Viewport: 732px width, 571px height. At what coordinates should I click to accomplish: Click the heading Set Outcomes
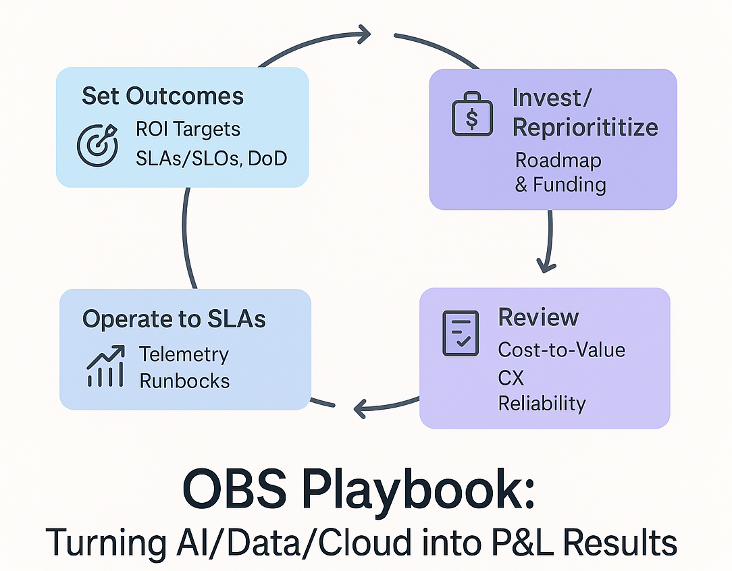pos(162,96)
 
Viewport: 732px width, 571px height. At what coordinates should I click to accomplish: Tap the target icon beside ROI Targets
pos(97,145)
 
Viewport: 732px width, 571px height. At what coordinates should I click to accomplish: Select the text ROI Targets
pos(188,129)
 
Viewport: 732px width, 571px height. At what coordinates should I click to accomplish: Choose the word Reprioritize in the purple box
pos(585,128)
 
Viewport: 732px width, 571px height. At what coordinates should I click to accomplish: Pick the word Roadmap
pos(558,161)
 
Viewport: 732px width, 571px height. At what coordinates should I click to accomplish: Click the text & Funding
pos(560,184)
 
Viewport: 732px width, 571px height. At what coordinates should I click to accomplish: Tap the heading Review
pos(538,317)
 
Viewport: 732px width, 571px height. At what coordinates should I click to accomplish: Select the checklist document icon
pos(460,333)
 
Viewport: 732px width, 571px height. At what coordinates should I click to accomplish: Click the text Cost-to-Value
pos(561,350)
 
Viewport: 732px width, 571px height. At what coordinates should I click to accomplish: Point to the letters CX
pos(511,377)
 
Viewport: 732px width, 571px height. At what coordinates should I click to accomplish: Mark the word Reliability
pos(542,404)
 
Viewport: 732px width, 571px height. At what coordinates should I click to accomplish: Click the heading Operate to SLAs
pos(174,319)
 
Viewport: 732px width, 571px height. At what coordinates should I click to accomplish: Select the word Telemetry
pos(184,354)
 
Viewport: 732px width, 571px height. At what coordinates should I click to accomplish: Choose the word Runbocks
pos(184,381)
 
